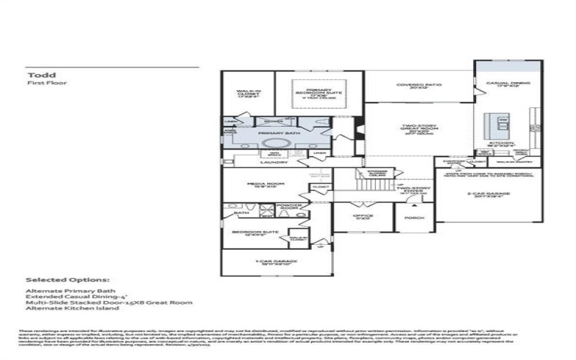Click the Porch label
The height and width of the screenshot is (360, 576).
tap(413, 217)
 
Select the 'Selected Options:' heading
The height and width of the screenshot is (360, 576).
tap(68, 280)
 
